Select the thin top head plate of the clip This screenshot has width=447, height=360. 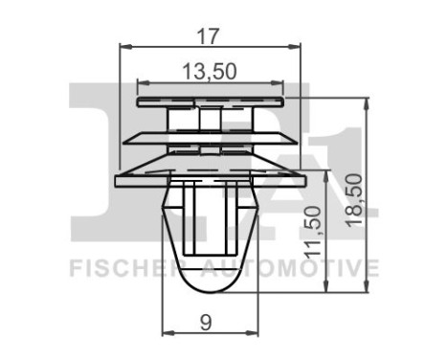212,100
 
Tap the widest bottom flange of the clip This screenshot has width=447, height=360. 212,179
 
